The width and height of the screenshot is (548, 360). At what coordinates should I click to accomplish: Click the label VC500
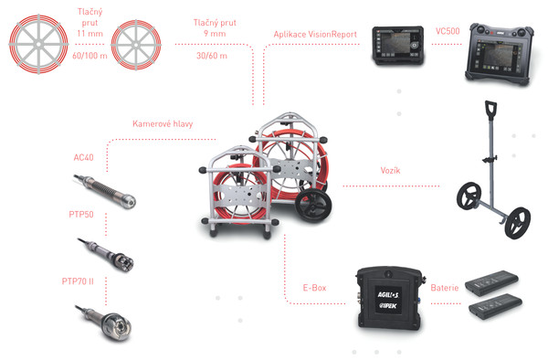[x=448, y=31]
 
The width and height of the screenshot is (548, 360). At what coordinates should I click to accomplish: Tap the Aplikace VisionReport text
[x=315, y=34]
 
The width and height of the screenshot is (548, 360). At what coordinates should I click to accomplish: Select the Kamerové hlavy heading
[x=163, y=123]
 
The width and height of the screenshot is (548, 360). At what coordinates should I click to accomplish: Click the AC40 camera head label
[x=83, y=158]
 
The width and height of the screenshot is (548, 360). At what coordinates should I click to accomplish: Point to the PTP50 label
[x=81, y=214]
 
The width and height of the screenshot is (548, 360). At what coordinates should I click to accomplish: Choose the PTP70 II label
[x=78, y=281]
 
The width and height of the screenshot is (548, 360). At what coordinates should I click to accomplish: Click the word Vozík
[x=390, y=171]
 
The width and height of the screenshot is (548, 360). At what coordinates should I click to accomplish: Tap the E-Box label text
[x=314, y=288]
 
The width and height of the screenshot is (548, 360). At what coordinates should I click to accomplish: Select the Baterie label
[x=444, y=288]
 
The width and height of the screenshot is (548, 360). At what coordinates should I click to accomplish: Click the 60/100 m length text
[x=90, y=56]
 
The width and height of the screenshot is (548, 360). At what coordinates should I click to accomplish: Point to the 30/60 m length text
[x=212, y=56]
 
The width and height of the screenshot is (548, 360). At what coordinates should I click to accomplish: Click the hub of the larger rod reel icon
[x=38, y=44]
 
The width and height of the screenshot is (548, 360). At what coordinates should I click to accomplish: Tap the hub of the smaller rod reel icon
[x=136, y=45]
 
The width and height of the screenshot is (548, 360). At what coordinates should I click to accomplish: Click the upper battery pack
[x=491, y=282]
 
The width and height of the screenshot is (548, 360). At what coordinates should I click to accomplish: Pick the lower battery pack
[x=495, y=306]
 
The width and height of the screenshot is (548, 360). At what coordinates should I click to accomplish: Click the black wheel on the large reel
[x=313, y=206]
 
